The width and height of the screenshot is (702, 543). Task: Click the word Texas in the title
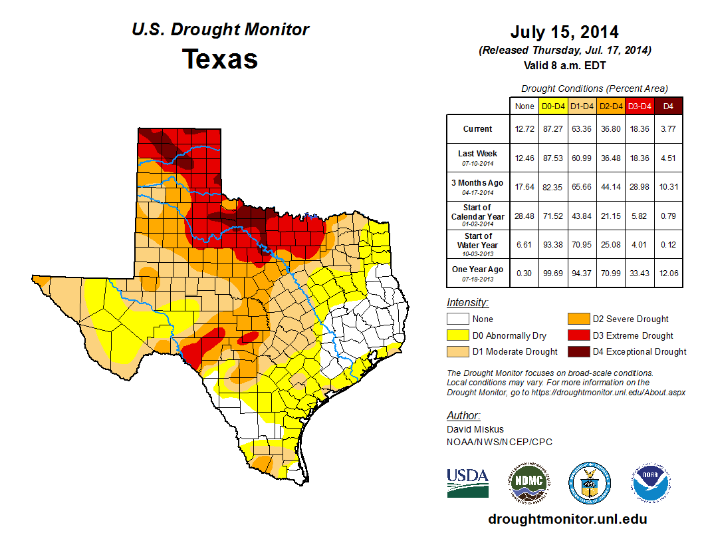[x=220, y=59]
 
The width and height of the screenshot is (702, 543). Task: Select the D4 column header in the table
[x=668, y=106]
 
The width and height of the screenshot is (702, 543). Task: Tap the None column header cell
[x=524, y=106]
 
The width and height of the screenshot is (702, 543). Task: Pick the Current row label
[x=478, y=129]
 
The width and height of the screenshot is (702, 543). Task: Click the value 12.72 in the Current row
[x=524, y=129]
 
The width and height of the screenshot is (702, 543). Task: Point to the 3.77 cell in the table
[x=668, y=129]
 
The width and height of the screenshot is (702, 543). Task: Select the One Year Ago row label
[x=478, y=270]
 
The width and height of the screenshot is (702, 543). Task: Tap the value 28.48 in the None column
[x=524, y=216]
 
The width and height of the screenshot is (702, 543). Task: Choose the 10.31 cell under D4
[x=668, y=187]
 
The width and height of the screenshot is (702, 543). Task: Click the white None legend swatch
[x=457, y=319]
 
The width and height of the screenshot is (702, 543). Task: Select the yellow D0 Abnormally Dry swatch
[x=457, y=335]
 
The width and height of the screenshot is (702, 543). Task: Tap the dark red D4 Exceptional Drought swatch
[x=578, y=351]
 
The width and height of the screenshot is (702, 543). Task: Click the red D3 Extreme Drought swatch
[x=578, y=335]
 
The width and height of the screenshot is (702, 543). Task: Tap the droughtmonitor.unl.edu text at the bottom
[x=567, y=519]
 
